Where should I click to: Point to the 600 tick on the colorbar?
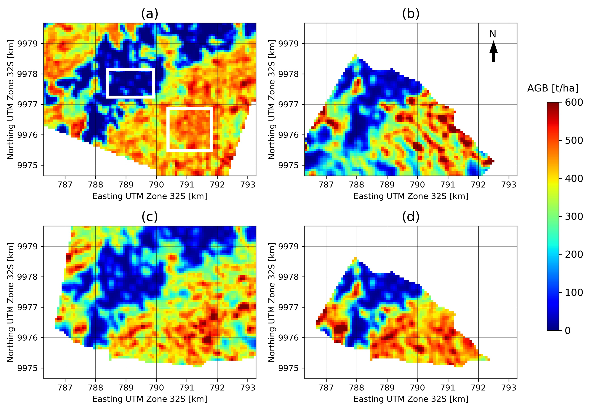[x=573, y=102]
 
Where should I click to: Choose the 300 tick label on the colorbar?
[x=573, y=216]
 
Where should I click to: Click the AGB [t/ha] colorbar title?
[x=552, y=88]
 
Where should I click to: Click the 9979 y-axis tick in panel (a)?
[x=27, y=44]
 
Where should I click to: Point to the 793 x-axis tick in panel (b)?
[x=509, y=184]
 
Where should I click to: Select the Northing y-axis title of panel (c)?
[x=10, y=302]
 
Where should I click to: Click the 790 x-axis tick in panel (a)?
[x=156, y=184]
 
